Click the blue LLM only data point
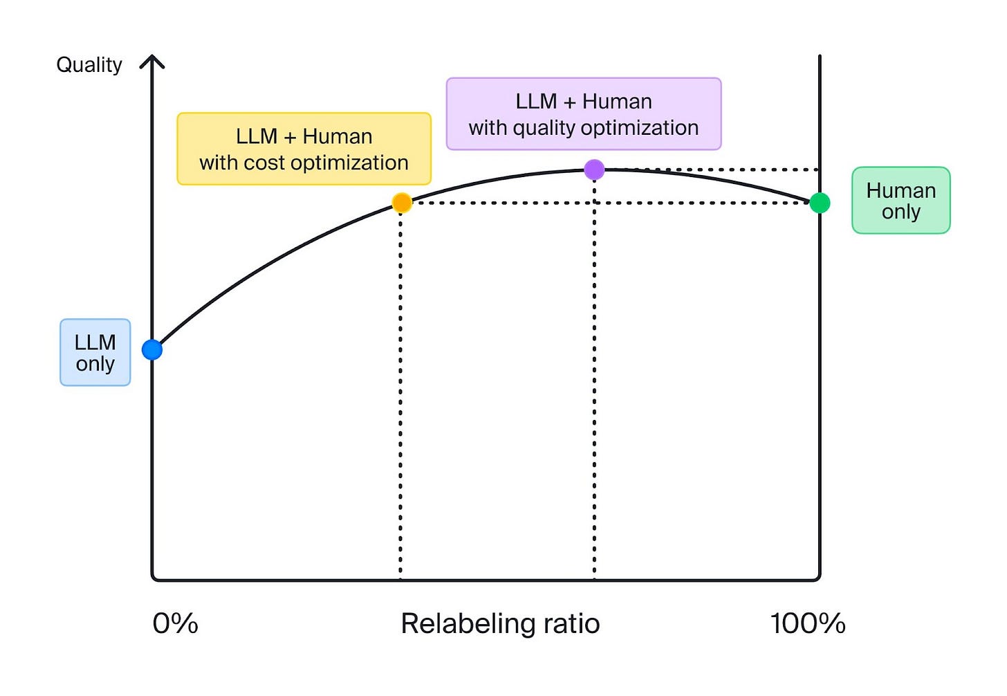pyautogui.click(x=152, y=350)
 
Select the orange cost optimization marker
pyautogui.click(x=402, y=203)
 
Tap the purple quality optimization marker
pyautogui.click(x=594, y=170)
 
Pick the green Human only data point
pyautogui.click(x=820, y=203)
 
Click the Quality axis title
pyautogui.click(x=89, y=65)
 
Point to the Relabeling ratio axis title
pyautogui.click(x=500, y=624)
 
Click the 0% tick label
pyautogui.click(x=175, y=624)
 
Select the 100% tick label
pyautogui.click(x=807, y=624)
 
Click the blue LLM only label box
pyautogui.click(x=95, y=353)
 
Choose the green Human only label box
pyautogui.click(x=900, y=201)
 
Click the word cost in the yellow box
pyautogui.click(x=264, y=163)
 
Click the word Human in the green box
pyautogui.click(x=900, y=190)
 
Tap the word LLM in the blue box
pyautogui.click(x=95, y=342)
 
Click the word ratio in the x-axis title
pyautogui.click(x=571, y=624)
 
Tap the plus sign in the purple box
pyautogui.click(x=569, y=102)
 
